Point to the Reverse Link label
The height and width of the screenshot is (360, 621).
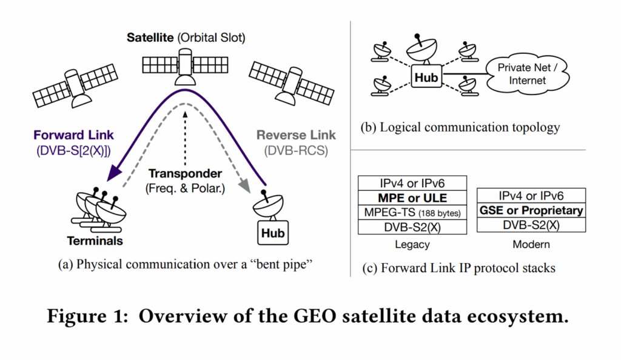(x=296, y=135)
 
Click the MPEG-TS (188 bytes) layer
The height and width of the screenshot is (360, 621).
(x=413, y=212)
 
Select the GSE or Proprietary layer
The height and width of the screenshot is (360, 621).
(x=531, y=210)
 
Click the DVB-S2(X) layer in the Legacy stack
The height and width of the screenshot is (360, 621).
(x=413, y=227)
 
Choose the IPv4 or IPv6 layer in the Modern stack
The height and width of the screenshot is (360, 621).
(x=531, y=196)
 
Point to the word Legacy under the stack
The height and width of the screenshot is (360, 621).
(x=412, y=245)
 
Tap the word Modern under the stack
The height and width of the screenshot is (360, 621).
(x=531, y=245)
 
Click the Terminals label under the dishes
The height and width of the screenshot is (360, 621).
(x=95, y=241)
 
